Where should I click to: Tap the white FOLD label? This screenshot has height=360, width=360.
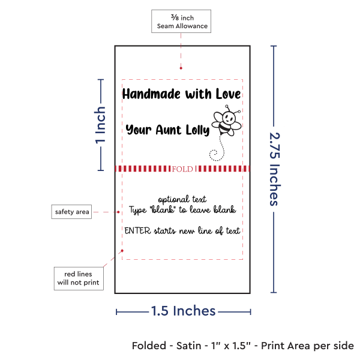182,169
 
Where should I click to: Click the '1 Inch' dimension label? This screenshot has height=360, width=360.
101,125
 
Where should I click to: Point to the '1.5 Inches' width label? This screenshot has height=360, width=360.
183,311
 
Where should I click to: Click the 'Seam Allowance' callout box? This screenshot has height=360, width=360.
182,22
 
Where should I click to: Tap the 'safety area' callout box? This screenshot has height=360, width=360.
71,212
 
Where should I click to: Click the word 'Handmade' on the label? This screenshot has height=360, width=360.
147,94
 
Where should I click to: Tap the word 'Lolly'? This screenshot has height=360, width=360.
197,130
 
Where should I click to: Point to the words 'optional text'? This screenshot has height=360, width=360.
182,199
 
